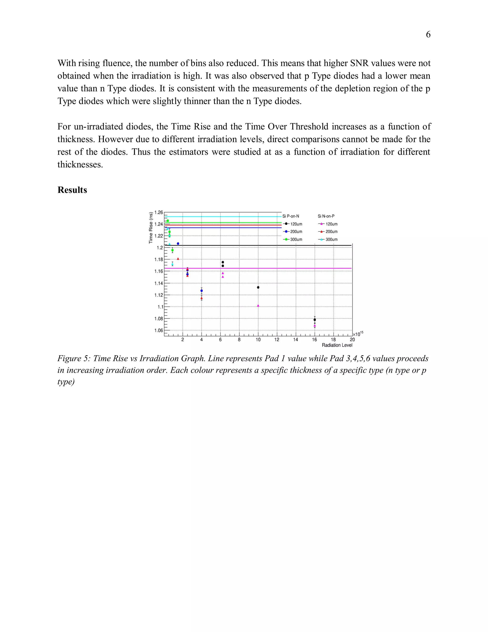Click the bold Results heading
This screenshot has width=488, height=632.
coord(72,190)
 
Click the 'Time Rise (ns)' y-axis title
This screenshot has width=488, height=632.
coord(151,228)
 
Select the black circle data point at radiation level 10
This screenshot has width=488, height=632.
coord(258,287)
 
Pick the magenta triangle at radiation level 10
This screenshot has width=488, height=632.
coord(258,306)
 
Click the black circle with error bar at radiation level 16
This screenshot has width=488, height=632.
coord(315,320)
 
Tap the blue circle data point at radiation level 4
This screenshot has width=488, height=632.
coord(202,290)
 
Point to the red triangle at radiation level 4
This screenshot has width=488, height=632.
coord(202,298)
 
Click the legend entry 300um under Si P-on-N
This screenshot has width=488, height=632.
coord(293,239)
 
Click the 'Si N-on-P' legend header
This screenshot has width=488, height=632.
coord(326,216)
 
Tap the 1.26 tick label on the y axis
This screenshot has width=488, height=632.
coord(159,212)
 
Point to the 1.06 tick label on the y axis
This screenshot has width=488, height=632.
coord(159,331)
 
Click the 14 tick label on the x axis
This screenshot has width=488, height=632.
coord(295,340)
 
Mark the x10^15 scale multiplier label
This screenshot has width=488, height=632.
coord(358,334)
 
